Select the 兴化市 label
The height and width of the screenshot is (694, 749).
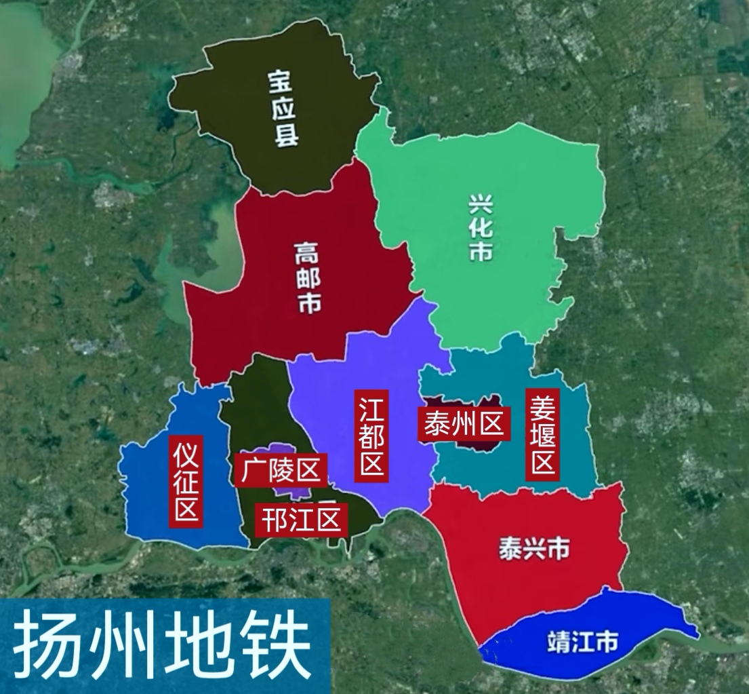[x=481, y=229]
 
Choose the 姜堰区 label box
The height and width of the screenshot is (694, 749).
[x=543, y=435]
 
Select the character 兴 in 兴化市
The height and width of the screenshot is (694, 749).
[x=481, y=204]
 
